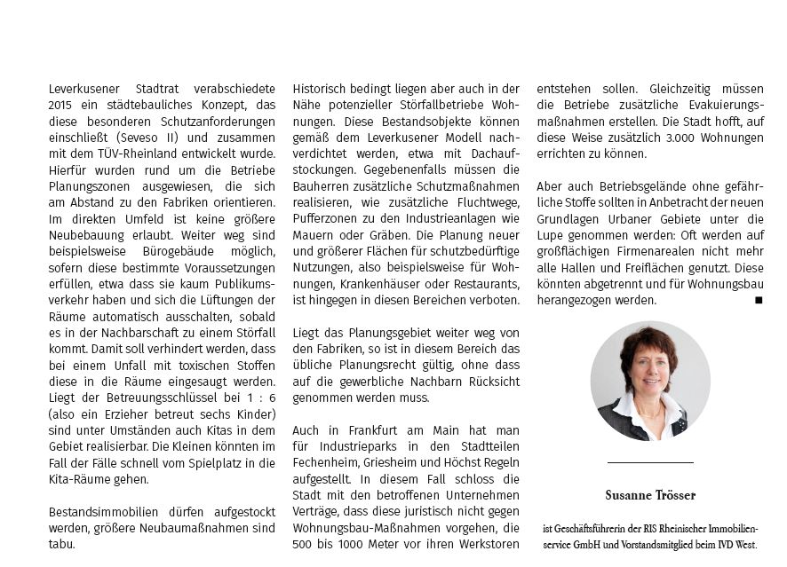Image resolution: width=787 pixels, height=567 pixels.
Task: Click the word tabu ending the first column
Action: tap(61, 544)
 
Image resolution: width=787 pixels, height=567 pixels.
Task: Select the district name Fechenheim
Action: tap(331, 462)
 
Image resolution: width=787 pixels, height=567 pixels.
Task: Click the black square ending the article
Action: tap(758, 301)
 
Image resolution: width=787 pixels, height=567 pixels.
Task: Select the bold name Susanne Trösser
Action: tap(650, 495)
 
